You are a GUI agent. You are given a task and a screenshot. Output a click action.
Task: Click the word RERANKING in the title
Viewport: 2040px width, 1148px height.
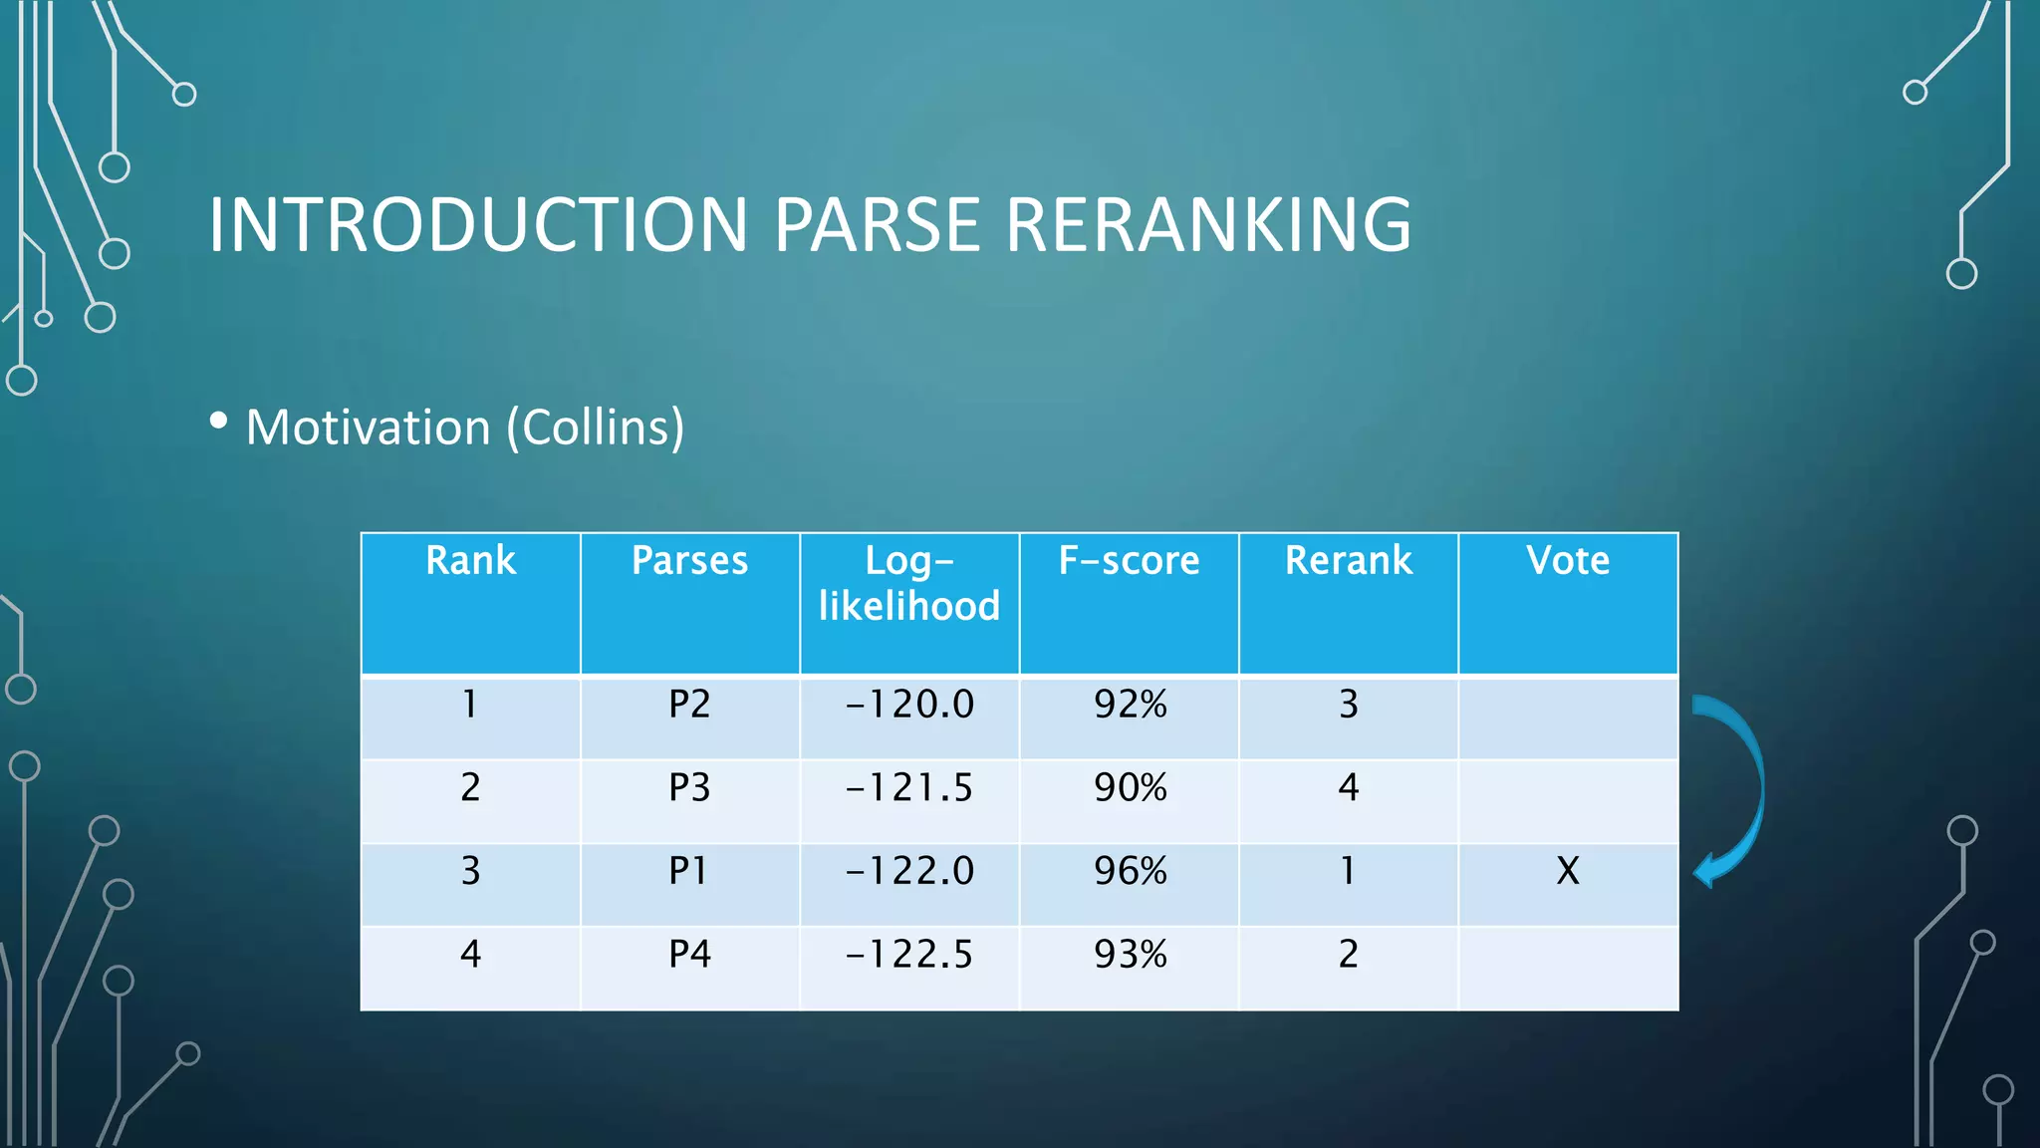[1207, 225]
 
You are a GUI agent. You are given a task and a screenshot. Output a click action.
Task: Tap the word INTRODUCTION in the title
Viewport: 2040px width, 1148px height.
[478, 225]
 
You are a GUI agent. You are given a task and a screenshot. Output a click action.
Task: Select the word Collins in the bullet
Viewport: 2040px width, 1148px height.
[595, 428]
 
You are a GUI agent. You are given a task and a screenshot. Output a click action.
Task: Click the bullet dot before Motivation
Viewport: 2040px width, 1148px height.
[218, 422]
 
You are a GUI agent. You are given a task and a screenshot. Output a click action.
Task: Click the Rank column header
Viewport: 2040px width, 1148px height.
[470, 561]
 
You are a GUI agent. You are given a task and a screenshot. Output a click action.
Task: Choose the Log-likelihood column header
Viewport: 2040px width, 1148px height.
[909, 583]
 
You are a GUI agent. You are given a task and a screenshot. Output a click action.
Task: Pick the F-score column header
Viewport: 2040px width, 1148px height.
[1129, 561]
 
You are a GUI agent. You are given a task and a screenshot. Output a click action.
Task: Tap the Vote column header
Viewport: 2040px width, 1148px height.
[1568, 561]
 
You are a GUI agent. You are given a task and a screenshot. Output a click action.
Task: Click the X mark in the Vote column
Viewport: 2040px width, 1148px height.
[1568, 871]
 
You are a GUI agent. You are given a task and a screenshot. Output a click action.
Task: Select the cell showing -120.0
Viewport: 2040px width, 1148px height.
[909, 705]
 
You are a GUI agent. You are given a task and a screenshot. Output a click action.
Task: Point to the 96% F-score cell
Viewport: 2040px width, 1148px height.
[1130, 871]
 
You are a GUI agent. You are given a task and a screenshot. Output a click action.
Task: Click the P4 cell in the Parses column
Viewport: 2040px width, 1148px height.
[689, 955]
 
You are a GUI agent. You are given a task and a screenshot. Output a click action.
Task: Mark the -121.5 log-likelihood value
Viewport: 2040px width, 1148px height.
[909, 788]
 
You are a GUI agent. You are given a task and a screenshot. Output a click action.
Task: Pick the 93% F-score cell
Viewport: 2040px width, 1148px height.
[1130, 955]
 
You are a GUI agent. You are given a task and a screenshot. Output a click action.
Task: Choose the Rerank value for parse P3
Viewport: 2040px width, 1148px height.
[1349, 788]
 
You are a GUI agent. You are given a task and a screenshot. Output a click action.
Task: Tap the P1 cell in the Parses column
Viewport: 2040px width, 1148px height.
[689, 871]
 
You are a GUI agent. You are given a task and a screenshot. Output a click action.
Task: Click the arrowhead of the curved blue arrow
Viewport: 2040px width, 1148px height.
[1706, 871]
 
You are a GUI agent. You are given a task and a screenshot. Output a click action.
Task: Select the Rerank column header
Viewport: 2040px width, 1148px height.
[1349, 561]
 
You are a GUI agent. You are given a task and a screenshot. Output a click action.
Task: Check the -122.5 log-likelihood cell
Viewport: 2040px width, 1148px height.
[909, 955]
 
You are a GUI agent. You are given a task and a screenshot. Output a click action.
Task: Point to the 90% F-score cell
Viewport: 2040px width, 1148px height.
[1130, 788]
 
